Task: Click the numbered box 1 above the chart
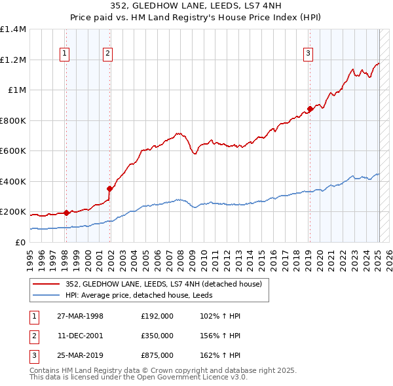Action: [65, 54]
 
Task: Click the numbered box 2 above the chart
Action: [107, 54]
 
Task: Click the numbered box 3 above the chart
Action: [308, 54]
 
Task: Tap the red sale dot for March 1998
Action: [66, 213]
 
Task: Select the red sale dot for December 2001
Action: [109, 188]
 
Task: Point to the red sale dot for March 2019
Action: [310, 109]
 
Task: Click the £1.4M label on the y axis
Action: [13, 29]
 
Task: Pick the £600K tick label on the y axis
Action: [13, 151]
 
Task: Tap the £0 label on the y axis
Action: [20, 242]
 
